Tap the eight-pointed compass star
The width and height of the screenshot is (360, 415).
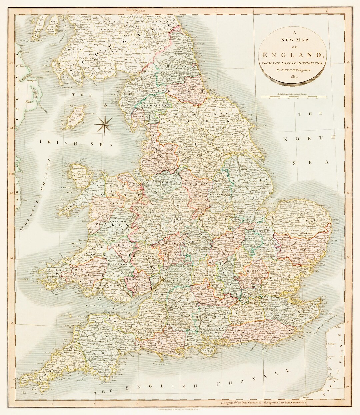(x=104, y=124)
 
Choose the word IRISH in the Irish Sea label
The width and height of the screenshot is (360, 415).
(x=50, y=143)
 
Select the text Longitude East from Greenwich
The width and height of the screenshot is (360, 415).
(x=288, y=404)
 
